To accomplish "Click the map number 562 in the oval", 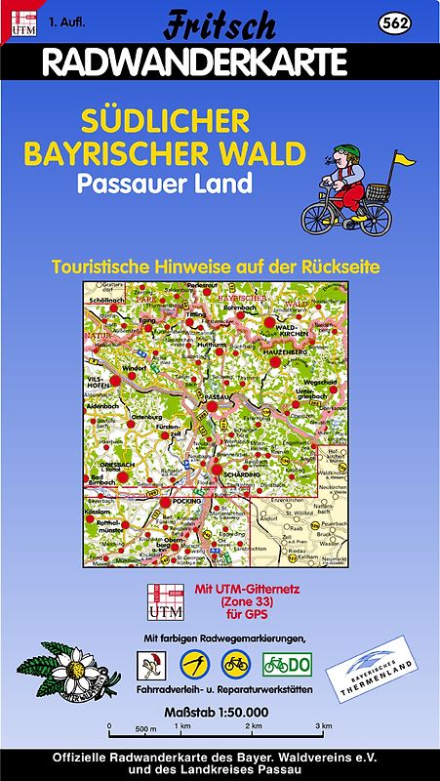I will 396,22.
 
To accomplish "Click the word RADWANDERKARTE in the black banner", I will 196,62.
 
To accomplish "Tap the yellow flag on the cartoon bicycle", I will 403,157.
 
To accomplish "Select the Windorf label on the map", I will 134,367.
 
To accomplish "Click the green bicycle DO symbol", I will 287,666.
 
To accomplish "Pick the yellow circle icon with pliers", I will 195,666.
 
